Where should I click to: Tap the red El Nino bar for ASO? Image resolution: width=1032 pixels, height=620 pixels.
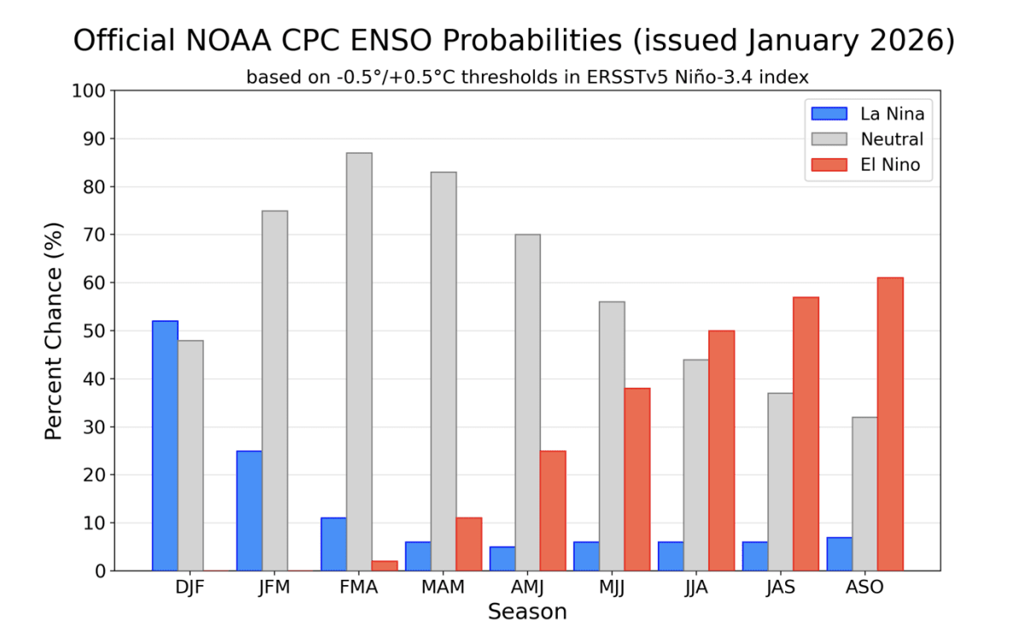click(889, 424)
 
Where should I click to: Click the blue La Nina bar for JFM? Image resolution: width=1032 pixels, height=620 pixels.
click(249, 511)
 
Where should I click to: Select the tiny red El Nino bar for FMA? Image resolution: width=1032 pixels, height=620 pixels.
click(384, 565)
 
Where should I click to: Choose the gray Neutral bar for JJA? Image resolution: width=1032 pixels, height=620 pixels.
click(696, 465)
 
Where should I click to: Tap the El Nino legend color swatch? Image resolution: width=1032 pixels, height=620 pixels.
click(827, 165)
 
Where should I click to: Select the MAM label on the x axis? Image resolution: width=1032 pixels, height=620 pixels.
click(443, 588)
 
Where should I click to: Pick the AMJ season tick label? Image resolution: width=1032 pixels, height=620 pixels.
click(527, 588)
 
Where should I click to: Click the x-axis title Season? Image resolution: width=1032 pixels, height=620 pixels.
click(527, 610)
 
